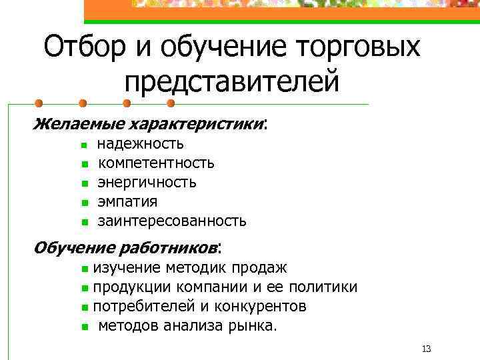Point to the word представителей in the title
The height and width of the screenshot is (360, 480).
(x=232, y=81)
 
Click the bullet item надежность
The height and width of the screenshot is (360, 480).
(x=141, y=143)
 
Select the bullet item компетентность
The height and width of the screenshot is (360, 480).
(x=156, y=163)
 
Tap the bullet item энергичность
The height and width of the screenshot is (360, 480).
(x=147, y=182)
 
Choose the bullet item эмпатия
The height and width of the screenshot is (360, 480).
(x=127, y=201)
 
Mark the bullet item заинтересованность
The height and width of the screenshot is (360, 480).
(x=172, y=221)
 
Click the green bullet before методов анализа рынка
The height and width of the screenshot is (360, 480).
(x=85, y=327)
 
